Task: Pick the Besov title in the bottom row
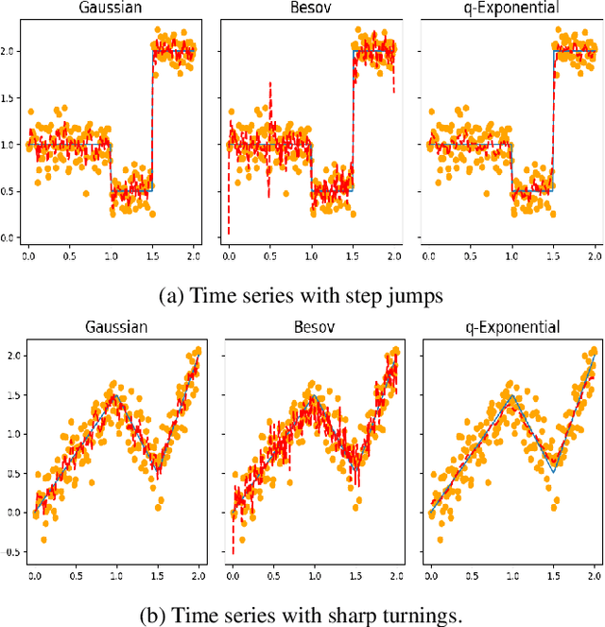coord(311,328)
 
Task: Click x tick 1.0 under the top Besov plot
coord(311,256)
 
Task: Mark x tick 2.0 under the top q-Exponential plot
coord(595,256)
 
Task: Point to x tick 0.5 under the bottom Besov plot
coord(274,574)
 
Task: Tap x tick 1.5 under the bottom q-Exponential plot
coord(553,574)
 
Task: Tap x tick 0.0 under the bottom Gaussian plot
coord(35,574)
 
